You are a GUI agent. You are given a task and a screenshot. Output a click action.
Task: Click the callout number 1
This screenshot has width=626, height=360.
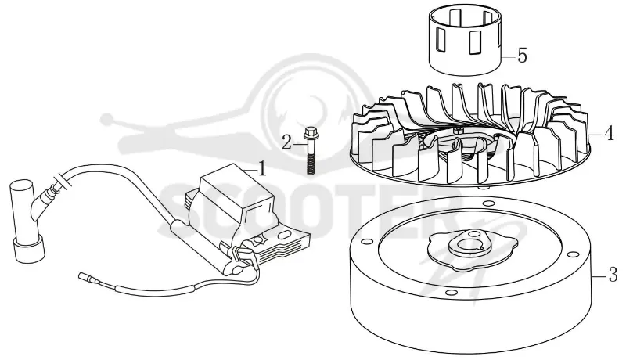(262, 169)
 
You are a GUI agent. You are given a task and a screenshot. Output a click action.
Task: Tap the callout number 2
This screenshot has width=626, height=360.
(286, 142)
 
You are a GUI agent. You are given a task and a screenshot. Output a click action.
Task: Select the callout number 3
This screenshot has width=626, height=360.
(613, 275)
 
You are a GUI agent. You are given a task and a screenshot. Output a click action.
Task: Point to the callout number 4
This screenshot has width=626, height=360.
(610, 134)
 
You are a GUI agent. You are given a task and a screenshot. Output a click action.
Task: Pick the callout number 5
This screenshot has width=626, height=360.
(522, 56)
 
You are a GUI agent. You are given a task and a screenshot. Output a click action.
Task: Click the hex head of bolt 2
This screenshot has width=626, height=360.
(309, 133)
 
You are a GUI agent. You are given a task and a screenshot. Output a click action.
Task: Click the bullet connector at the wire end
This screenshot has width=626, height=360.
(84, 275)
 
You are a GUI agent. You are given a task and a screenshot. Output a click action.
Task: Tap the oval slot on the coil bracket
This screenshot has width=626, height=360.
(284, 235)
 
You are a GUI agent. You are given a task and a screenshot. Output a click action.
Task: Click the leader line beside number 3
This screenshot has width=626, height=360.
(598, 275)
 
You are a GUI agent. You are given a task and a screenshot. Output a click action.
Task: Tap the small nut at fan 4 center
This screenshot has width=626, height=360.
(458, 131)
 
